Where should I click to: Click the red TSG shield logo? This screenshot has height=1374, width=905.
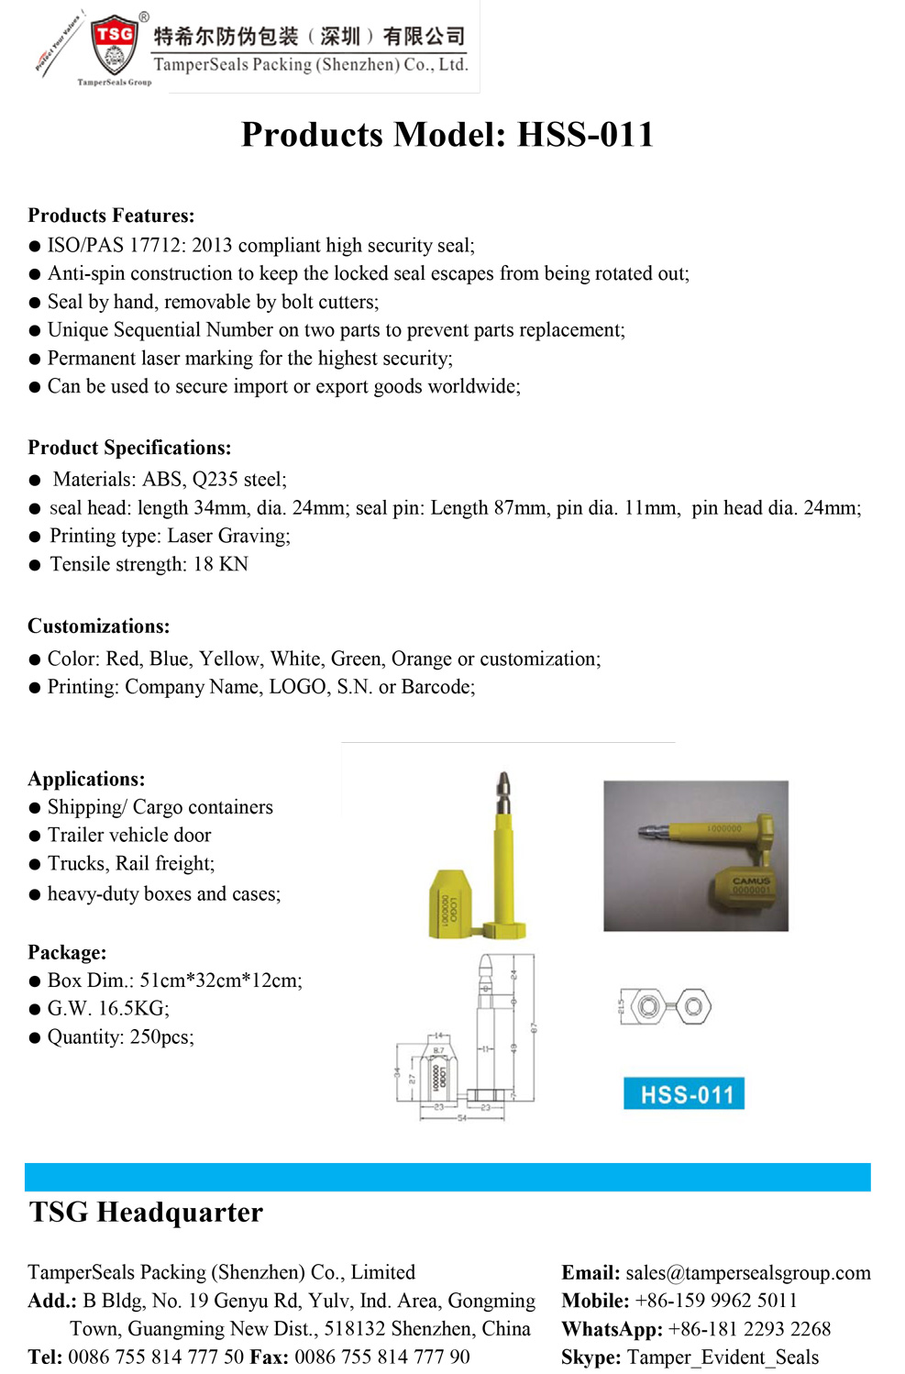(115, 44)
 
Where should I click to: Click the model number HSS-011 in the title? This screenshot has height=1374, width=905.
(585, 135)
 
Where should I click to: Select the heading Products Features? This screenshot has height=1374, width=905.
(111, 216)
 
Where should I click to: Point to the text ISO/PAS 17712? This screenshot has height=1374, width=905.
(116, 246)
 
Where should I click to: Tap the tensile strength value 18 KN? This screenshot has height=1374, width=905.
(220, 564)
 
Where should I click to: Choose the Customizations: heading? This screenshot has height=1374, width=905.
(99, 626)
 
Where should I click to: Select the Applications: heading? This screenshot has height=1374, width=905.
(86, 779)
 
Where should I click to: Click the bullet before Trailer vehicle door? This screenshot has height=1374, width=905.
(35, 837)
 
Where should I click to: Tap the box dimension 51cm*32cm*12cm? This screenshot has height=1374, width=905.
(219, 981)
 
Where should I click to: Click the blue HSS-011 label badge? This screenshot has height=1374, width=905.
(684, 1093)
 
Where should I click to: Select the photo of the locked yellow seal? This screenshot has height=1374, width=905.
(695, 855)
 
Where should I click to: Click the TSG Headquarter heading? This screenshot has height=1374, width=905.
(146, 1213)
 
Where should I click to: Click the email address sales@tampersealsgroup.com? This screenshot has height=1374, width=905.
(748, 1273)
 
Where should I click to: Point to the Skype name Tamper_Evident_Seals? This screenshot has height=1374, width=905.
(723, 1357)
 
